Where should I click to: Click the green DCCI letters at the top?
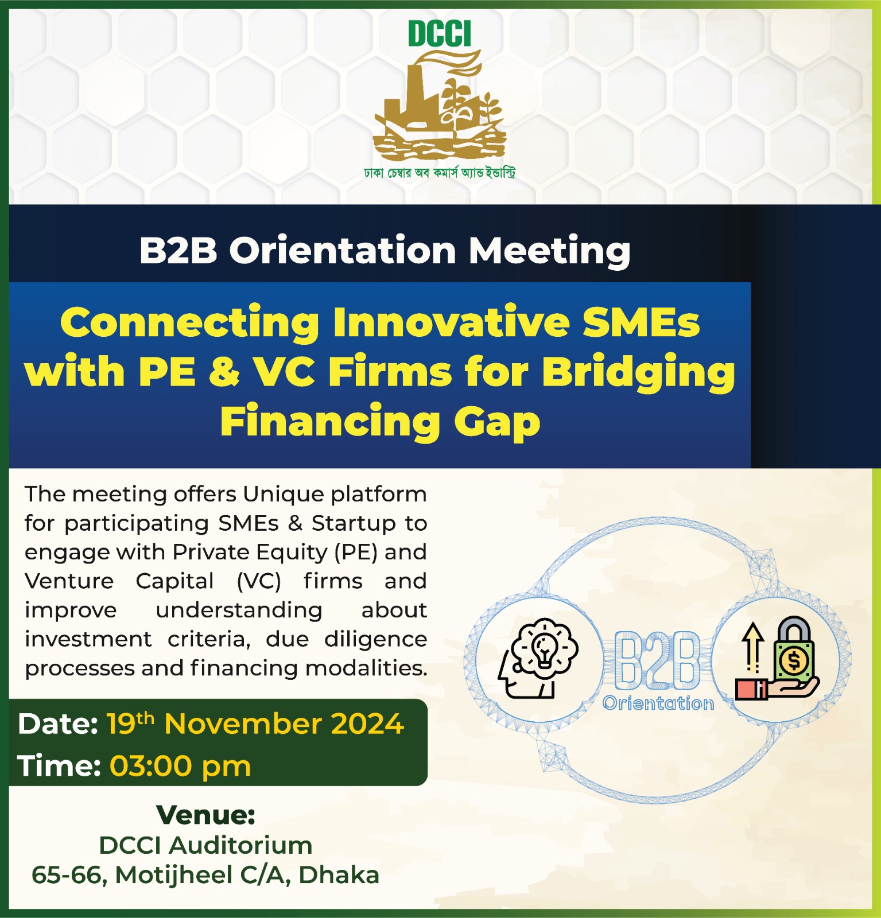440,34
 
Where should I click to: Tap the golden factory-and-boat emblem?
440,106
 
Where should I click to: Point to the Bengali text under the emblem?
440,172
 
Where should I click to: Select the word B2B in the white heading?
178,251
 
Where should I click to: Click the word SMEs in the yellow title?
641,322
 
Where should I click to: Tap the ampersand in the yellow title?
224,372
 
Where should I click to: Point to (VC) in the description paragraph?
259,581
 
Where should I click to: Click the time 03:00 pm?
180,767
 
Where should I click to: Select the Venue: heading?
205,815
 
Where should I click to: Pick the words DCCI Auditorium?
205,845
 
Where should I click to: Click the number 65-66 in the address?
67,876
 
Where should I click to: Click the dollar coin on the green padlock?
794,661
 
